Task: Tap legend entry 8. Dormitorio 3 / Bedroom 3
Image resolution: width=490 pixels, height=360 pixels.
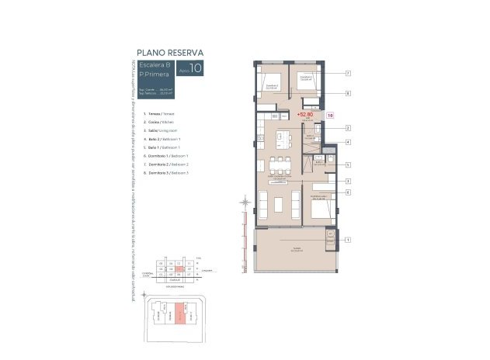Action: tap(165, 172)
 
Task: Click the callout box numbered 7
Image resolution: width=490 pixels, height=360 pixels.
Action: tap(349, 74)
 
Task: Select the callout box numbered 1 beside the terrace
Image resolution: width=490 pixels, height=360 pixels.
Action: tap(349, 240)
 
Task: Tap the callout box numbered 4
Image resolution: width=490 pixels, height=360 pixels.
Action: tap(349, 142)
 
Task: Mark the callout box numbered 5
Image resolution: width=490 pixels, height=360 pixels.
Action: tap(349, 164)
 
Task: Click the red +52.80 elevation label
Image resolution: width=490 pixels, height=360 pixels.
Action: tap(305, 114)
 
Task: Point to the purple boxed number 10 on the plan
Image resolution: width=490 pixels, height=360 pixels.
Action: tap(330, 115)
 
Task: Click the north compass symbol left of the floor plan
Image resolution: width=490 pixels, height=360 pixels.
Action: tap(245, 204)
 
